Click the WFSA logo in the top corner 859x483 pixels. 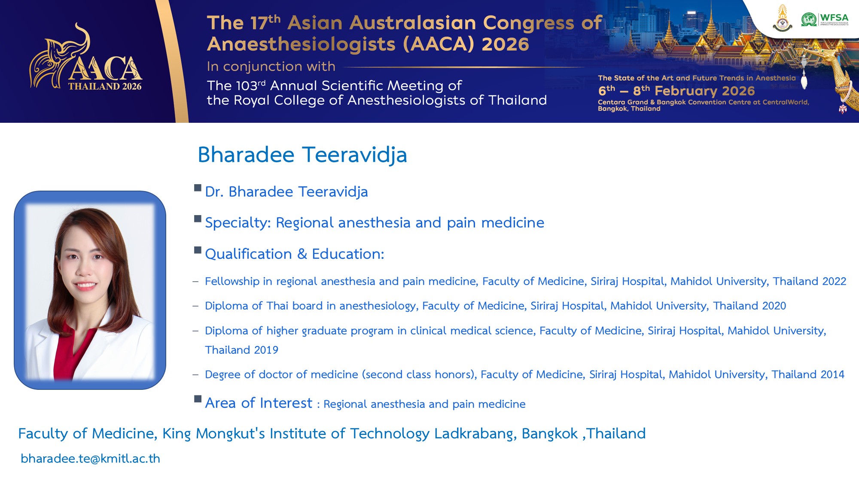pos(825,19)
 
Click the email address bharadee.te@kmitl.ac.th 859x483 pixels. pos(90,459)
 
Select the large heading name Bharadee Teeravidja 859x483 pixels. pos(302,155)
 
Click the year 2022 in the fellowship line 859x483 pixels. pos(834,281)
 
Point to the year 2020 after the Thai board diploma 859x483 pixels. pos(774,306)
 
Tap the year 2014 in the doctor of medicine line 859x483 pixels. pos(832,374)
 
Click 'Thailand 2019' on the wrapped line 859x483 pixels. pos(241,350)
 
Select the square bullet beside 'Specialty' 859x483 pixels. pos(198,219)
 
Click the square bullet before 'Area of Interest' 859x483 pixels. pos(198,399)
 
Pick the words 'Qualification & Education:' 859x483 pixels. pos(295,254)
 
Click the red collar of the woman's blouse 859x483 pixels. pos(73,352)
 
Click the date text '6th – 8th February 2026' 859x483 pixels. pos(676,91)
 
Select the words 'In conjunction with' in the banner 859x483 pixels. pos(271,67)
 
